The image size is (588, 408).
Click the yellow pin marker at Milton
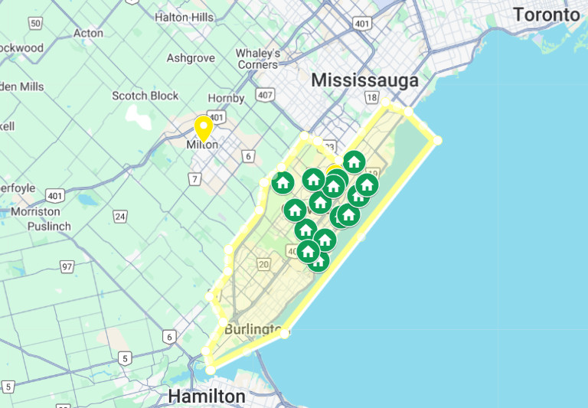click(204, 127)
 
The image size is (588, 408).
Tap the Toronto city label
click(546, 15)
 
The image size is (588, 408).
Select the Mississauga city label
click(365, 80)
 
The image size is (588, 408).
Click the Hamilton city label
click(207, 397)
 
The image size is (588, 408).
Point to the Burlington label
click(253, 330)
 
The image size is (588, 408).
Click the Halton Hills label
click(184, 16)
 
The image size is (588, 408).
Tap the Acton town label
click(88, 33)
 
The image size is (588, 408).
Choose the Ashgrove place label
click(191, 58)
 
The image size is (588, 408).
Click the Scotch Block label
click(145, 96)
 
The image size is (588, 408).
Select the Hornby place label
click(227, 98)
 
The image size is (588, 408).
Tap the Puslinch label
click(49, 227)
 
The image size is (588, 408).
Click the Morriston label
click(35, 211)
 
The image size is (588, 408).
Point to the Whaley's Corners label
click(257, 59)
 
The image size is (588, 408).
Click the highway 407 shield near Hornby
click(266, 96)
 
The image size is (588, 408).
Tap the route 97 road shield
click(67, 266)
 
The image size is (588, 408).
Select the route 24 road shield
click(120, 217)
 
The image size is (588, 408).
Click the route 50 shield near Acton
click(35, 24)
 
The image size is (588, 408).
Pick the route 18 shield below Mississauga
click(372, 97)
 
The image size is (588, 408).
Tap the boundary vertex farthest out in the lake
click(438, 140)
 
